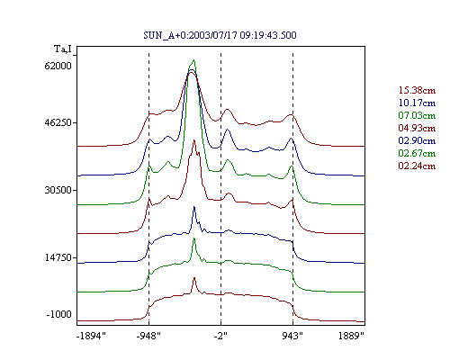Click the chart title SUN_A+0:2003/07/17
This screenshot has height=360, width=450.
click(x=190, y=35)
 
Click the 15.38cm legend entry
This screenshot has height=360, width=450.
click(x=417, y=90)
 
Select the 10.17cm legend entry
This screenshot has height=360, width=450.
click(x=417, y=103)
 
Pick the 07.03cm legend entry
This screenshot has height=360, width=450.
click(x=417, y=115)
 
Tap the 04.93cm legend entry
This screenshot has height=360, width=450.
click(x=417, y=128)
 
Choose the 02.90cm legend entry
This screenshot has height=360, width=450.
click(x=417, y=140)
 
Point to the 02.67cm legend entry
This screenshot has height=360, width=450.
click(x=417, y=153)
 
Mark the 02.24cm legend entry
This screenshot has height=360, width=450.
click(x=417, y=166)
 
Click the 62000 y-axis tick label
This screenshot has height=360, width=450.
click(x=58, y=66)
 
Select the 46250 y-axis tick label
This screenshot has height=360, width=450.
click(x=58, y=122)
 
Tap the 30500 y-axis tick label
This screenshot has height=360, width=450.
click(x=58, y=190)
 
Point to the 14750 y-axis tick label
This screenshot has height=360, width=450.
click(x=58, y=257)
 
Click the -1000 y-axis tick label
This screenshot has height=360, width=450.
click(x=59, y=314)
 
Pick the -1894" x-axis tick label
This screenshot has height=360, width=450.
click(x=92, y=336)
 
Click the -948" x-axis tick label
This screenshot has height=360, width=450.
click(x=148, y=336)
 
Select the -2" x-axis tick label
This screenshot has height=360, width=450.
click(x=220, y=336)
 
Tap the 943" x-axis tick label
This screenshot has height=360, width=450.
click(x=292, y=336)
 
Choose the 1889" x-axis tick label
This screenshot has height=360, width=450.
click(x=351, y=336)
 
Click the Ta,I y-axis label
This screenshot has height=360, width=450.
click(x=63, y=49)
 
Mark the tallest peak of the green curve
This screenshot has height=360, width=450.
click(x=194, y=60)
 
